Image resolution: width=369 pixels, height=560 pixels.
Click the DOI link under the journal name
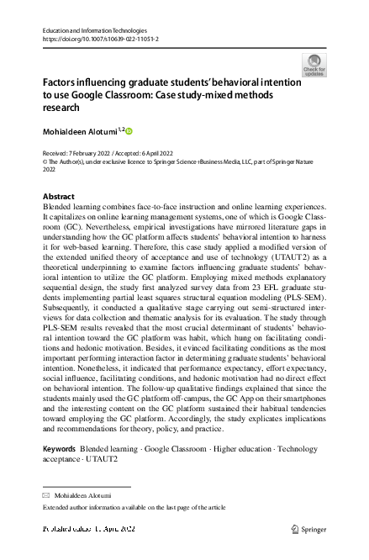click(100, 39)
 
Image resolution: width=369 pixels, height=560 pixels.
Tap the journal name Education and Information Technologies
click(101, 29)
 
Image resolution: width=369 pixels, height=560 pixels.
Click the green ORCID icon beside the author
click(130, 131)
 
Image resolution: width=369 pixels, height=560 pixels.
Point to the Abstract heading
click(58, 196)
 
